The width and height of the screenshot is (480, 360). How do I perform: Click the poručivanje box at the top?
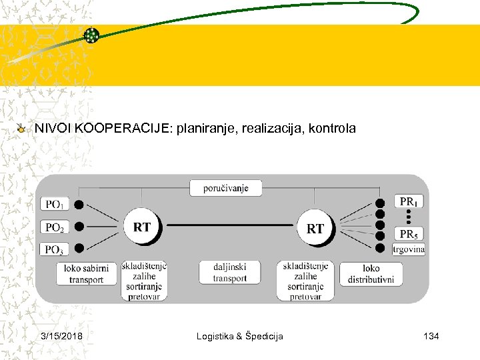click(226, 188)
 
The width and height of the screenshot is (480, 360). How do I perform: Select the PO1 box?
click(55, 205)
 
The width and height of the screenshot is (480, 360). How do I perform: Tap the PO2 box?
click(55, 227)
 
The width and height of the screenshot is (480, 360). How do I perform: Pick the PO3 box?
click(55, 249)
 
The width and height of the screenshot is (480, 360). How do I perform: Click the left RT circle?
click(141, 227)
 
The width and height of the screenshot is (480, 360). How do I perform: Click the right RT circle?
click(315, 228)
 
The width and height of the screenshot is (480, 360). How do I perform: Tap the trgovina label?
click(409, 249)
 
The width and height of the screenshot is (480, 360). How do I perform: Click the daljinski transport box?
click(230, 273)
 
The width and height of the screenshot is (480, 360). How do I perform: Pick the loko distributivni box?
click(371, 273)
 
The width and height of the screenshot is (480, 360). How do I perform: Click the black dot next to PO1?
click(79, 205)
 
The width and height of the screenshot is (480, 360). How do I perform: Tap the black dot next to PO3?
click(79, 249)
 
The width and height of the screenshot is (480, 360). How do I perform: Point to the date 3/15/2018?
click(61, 336)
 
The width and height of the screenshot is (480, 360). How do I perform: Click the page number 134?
click(431, 336)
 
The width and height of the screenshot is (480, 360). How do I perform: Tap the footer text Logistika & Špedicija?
click(239, 336)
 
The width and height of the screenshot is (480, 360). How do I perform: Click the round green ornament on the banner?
click(91, 35)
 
